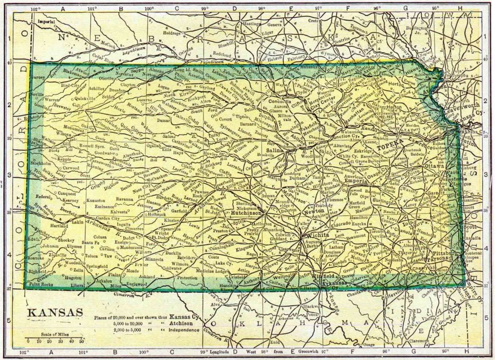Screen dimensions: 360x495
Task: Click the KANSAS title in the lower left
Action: (55, 312)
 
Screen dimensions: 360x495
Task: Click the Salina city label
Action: (275, 150)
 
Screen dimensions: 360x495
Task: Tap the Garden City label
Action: (107, 218)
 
